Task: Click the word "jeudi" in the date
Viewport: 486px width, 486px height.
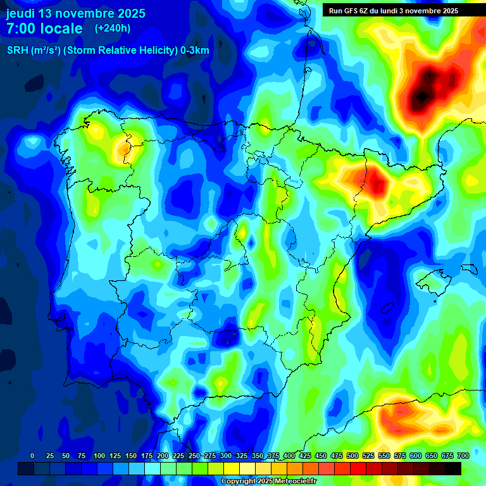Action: click(20, 13)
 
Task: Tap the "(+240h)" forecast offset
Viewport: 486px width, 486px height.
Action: click(112, 28)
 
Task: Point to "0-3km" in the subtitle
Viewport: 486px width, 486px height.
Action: click(194, 51)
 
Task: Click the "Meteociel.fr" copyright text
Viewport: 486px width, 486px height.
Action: click(290, 482)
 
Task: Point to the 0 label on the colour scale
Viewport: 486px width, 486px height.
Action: click(32, 456)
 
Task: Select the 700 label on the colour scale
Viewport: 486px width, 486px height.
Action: click(463, 456)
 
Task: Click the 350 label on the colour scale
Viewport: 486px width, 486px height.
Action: click(258, 456)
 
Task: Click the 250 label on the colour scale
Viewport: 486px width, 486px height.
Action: click(194, 456)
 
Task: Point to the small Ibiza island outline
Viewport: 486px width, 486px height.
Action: click(387, 308)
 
